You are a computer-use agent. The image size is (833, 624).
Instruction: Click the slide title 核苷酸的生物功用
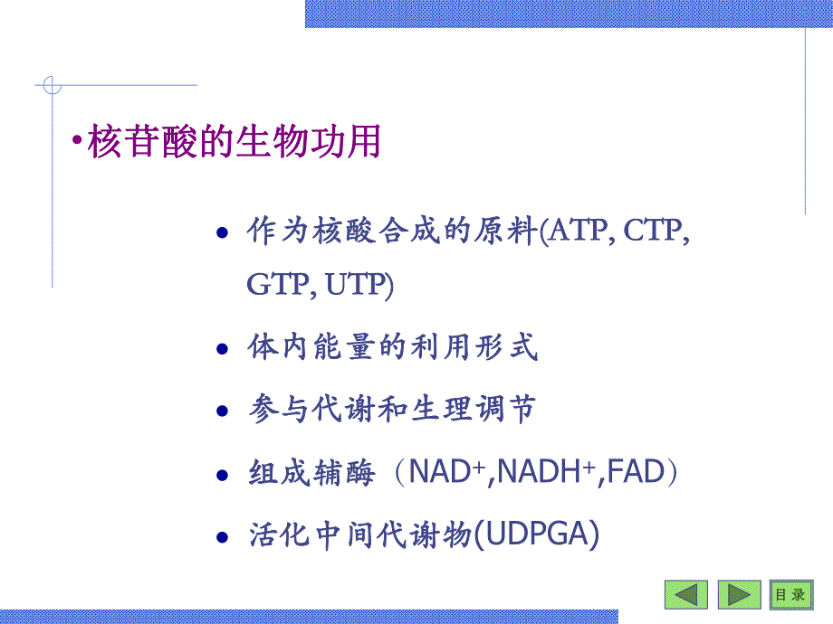(x=234, y=143)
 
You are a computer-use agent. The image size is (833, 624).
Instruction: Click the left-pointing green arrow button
(x=686, y=594)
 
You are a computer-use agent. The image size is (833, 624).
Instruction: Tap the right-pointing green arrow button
(x=740, y=594)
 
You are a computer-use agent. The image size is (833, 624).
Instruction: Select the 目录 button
(x=790, y=594)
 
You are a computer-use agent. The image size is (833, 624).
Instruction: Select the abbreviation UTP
(x=358, y=287)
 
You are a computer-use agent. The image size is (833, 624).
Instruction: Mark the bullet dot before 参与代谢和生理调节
(x=223, y=412)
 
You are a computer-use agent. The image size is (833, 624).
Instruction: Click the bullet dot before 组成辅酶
(x=223, y=475)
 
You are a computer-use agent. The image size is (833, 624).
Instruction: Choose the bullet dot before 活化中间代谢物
(x=223, y=537)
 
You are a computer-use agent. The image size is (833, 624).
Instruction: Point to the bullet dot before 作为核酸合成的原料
(x=223, y=234)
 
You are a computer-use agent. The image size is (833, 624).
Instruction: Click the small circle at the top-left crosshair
(x=52, y=86)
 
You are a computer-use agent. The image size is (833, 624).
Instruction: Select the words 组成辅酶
(x=311, y=473)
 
